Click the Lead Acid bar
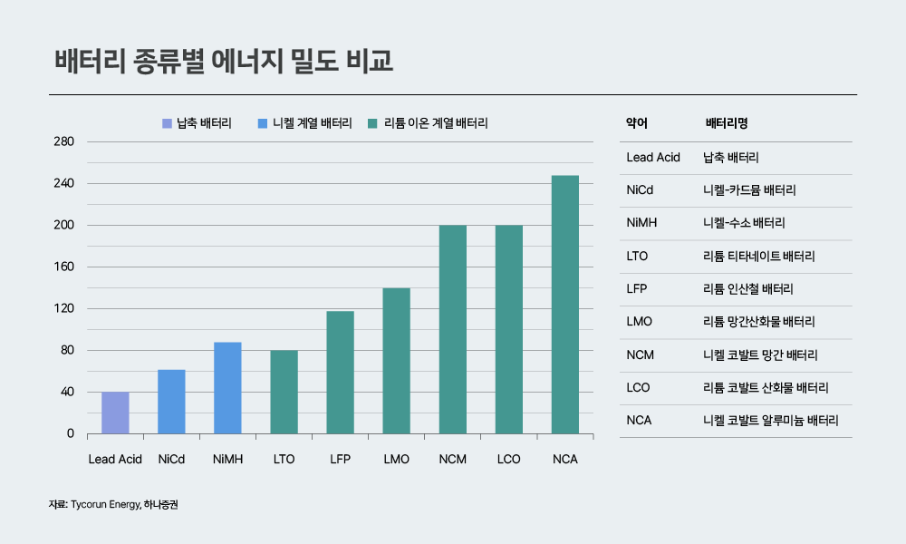point(115,413)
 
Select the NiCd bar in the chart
point(171,402)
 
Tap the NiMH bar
point(227,388)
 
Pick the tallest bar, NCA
point(564,305)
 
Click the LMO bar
point(396,361)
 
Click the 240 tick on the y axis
point(63,183)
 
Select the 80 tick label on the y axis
point(66,350)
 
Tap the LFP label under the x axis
point(340,460)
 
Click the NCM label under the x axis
point(452,460)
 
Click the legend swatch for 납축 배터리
point(166,123)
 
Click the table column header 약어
point(637,123)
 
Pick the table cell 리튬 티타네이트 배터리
point(759,256)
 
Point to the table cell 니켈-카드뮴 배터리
point(749,190)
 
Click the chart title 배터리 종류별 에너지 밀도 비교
point(224,63)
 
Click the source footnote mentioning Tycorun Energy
point(120,504)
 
